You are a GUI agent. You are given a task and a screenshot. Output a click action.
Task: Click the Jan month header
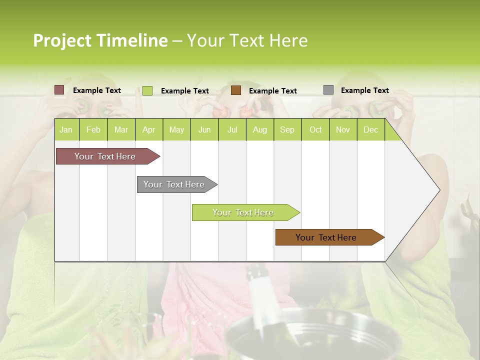click(x=66, y=130)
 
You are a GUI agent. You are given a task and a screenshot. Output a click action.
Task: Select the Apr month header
click(x=148, y=130)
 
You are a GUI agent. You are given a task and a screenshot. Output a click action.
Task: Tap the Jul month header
click(x=232, y=130)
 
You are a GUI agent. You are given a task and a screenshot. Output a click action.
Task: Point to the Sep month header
click(x=287, y=130)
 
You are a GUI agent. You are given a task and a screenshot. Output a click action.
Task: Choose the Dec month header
click(x=370, y=130)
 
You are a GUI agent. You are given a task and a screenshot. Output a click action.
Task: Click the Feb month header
click(x=93, y=130)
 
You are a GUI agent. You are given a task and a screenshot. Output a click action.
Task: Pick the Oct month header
click(x=315, y=130)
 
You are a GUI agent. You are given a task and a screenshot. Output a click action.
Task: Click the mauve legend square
click(x=59, y=90)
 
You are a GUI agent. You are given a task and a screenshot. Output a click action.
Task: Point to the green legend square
click(x=147, y=90)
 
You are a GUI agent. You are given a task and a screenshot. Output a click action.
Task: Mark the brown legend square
click(x=236, y=90)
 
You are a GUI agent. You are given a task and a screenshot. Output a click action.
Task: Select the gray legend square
click(x=328, y=90)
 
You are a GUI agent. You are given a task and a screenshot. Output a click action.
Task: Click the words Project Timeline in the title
click(x=100, y=40)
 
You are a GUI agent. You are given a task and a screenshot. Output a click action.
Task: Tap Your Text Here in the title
click(x=247, y=40)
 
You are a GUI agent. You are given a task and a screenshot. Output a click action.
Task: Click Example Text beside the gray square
click(x=364, y=90)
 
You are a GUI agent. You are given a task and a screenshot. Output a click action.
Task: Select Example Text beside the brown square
click(x=272, y=91)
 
